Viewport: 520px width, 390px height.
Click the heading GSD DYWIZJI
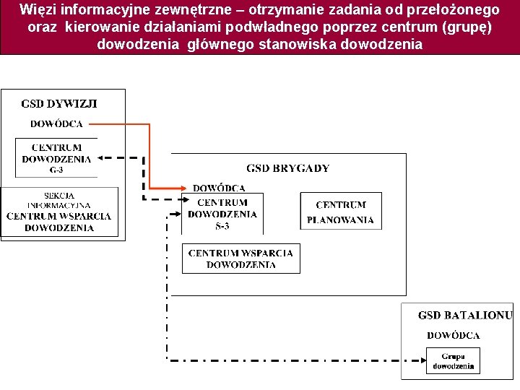(59, 103)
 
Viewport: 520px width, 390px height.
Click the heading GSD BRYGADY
(287, 168)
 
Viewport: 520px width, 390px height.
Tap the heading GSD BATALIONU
(465, 315)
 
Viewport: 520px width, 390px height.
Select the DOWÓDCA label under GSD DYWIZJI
(56, 123)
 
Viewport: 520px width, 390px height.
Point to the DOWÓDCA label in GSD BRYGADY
(219, 188)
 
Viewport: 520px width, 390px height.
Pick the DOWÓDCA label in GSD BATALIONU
(454, 335)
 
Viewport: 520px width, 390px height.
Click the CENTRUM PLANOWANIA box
(341, 212)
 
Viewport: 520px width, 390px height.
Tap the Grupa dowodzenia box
(454, 361)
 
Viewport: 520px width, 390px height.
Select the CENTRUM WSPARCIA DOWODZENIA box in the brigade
(240, 259)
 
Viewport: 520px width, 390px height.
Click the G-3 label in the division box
(56, 170)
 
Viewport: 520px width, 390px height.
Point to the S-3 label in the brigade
(222, 226)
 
